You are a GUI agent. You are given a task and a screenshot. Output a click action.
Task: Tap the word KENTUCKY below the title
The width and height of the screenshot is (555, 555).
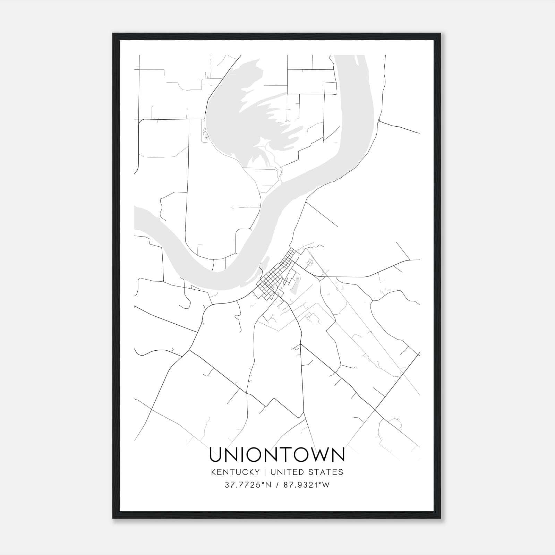click(235, 472)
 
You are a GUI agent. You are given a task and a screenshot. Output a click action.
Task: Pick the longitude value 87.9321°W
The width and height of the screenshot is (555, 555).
click(306, 485)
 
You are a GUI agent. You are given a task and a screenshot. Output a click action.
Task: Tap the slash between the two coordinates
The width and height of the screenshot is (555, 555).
click(277, 485)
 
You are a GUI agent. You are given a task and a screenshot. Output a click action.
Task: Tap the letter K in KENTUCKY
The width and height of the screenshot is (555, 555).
click(212, 472)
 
